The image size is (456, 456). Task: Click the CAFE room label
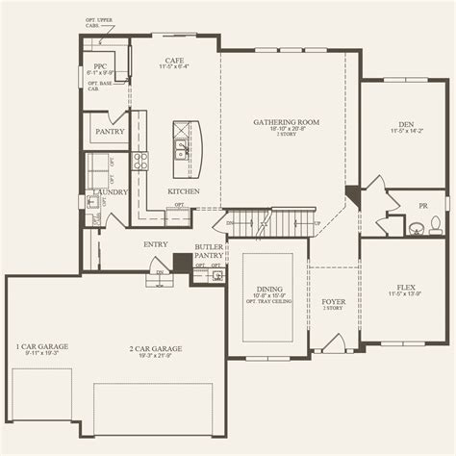[175, 60]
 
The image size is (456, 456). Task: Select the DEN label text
[405, 124]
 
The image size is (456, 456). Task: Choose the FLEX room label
[405, 286]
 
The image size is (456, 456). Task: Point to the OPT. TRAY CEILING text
[269, 305]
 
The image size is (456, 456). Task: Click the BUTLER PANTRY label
[209, 252]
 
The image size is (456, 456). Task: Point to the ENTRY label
[156, 244]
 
